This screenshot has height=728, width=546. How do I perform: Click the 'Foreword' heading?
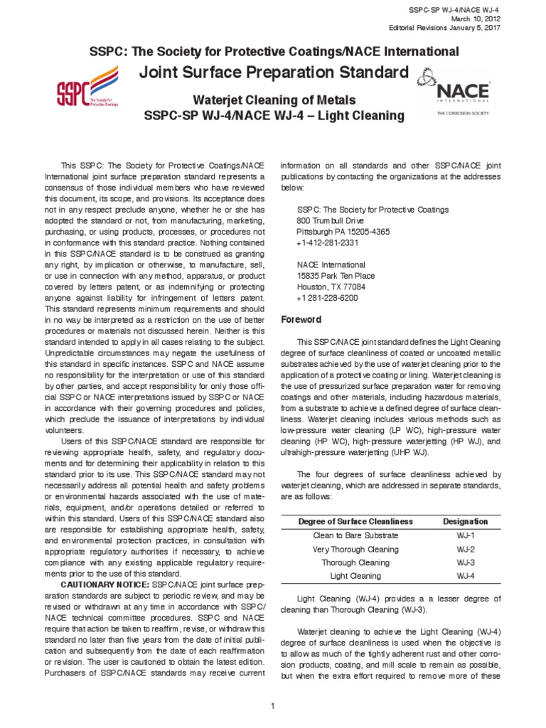[301, 319]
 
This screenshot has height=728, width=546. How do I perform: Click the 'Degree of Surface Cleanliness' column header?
[355, 521]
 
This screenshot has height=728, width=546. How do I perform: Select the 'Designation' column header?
[466, 521]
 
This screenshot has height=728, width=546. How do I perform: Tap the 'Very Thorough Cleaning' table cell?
[355, 549]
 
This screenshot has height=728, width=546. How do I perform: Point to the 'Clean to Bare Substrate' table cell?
[355, 535]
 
